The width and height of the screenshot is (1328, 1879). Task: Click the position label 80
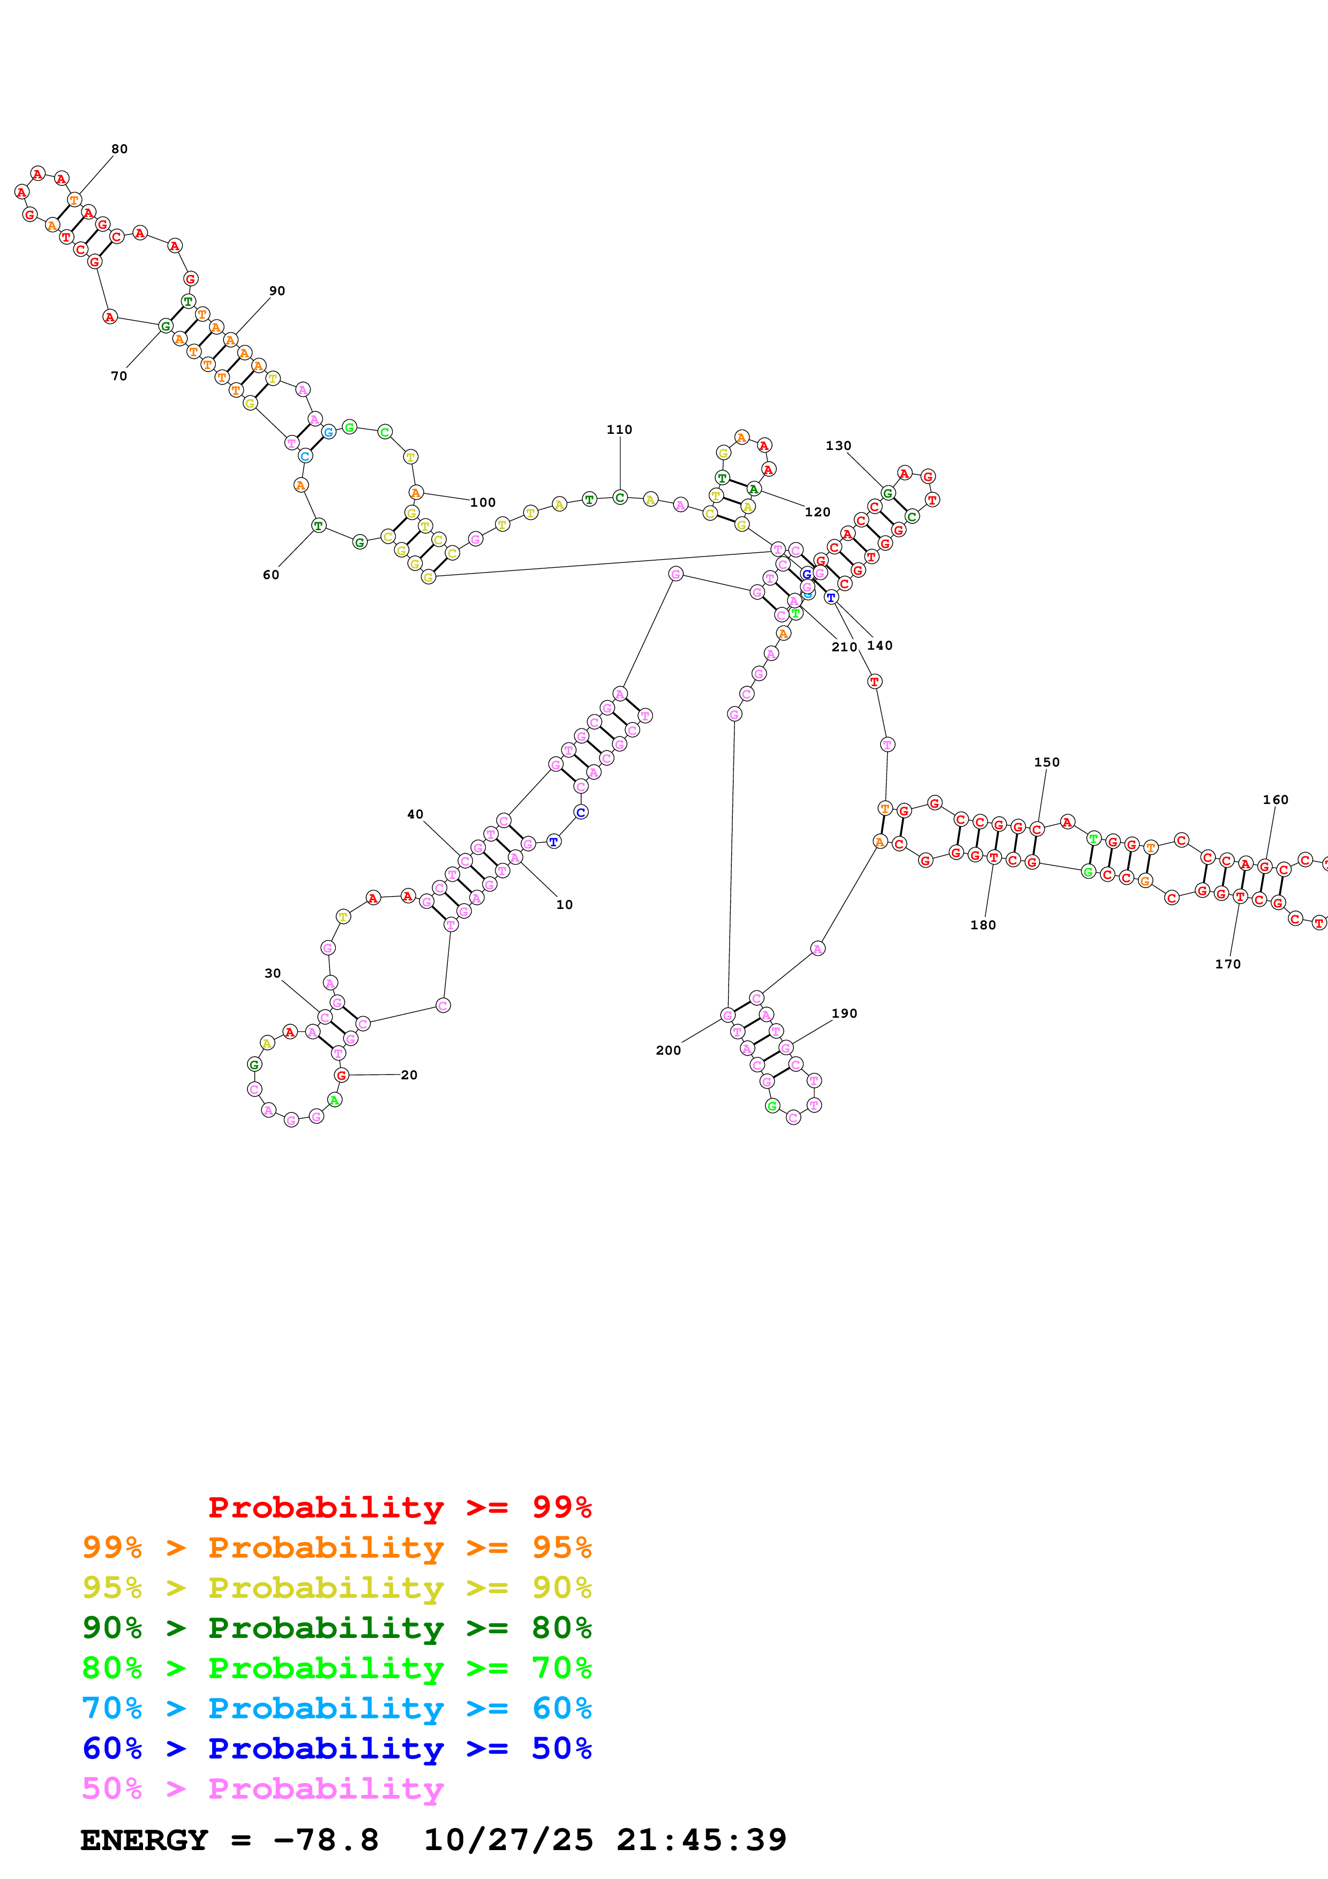click(119, 149)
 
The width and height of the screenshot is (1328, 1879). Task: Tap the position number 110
click(619, 430)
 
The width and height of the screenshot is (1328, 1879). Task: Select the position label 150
click(1047, 762)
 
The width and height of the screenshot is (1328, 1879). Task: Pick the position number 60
click(271, 575)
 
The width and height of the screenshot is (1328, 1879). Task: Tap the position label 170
click(1227, 964)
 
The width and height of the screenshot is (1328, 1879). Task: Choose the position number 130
click(838, 446)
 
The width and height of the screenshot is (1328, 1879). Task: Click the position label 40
click(415, 814)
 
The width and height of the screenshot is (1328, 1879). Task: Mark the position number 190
click(844, 1013)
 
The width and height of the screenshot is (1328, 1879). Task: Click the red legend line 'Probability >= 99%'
click(399, 1507)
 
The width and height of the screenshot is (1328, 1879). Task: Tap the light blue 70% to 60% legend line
click(336, 1708)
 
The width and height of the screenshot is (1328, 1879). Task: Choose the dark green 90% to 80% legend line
click(336, 1628)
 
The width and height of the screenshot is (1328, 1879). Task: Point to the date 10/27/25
click(508, 1840)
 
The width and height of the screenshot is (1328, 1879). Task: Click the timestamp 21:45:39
click(701, 1840)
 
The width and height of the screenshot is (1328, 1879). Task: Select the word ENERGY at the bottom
click(144, 1840)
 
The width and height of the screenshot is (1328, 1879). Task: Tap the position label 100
click(483, 502)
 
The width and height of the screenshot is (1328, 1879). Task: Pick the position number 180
click(982, 925)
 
